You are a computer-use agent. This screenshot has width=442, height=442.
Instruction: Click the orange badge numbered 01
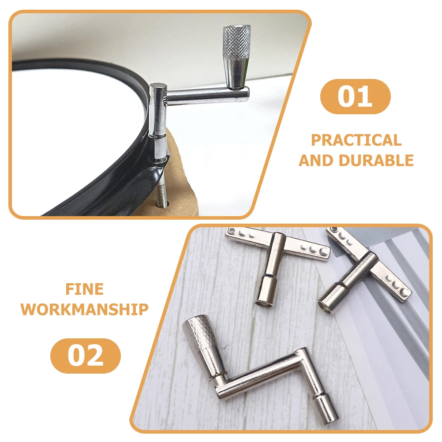click(x=355, y=97)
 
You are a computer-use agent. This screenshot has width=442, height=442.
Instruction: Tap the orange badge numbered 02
click(x=86, y=356)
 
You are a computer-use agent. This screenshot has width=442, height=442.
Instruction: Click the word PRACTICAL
click(x=356, y=140)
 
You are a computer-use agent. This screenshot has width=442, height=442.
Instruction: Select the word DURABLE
click(x=376, y=161)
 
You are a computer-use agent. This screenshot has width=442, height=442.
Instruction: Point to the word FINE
click(x=85, y=289)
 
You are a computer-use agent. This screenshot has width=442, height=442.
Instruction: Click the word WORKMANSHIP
click(x=85, y=309)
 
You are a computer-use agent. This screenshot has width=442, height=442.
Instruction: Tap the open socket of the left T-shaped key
click(x=264, y=304)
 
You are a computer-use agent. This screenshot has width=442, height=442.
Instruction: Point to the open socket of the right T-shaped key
click(x=326, y=308)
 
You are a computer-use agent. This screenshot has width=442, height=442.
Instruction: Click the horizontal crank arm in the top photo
click(x=207, y=95)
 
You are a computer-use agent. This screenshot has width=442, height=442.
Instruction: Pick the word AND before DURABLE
click(x=317, y=161)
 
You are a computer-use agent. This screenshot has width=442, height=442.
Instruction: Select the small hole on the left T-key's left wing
click(x=232, y=231)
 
